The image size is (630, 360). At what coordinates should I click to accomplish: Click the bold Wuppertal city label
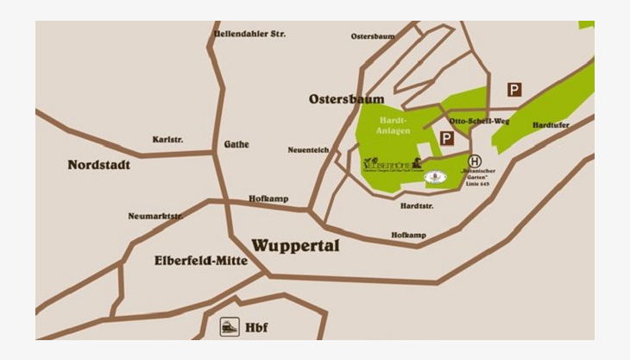coord(295,246)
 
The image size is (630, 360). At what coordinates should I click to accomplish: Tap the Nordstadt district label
coord(98,164)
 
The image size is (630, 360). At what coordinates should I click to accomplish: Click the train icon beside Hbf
coord(226,326)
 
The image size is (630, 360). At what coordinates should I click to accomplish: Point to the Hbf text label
coord(256,327)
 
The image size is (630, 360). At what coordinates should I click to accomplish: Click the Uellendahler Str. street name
coord(249,34)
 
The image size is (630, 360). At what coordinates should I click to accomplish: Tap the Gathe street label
coord(236,144)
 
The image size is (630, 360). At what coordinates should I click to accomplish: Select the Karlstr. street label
coord(167,139)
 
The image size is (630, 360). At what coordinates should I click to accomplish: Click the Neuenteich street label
coord(308,150)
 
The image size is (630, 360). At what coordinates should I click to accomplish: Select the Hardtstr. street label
coord(417,206)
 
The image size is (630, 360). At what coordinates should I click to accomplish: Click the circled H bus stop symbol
coord(475,161)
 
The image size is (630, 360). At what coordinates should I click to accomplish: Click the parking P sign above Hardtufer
coord(514,89)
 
